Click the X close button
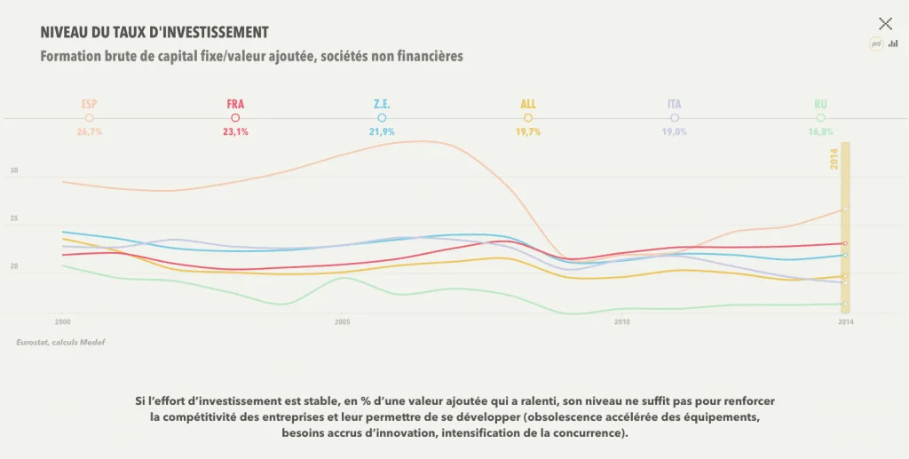[885, 24]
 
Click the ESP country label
[89, 104]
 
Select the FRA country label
[235, 104]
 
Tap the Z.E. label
[382, 104]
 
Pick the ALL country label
[528, 104]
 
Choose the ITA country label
[675, 104]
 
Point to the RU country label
[820, 104]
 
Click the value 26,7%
[89, 131]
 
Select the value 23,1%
[235, 131]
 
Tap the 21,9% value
[382, 131]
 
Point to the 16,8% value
[820, 131]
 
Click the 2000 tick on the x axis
[62, 321]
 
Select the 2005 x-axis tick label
[343, 321]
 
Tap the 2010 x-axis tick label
[622, 321]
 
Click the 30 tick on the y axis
[13, 171]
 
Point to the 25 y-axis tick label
[13, 218]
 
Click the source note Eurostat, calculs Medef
[59, 342]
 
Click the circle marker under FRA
[235, 117]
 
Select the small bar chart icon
[893, 44]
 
